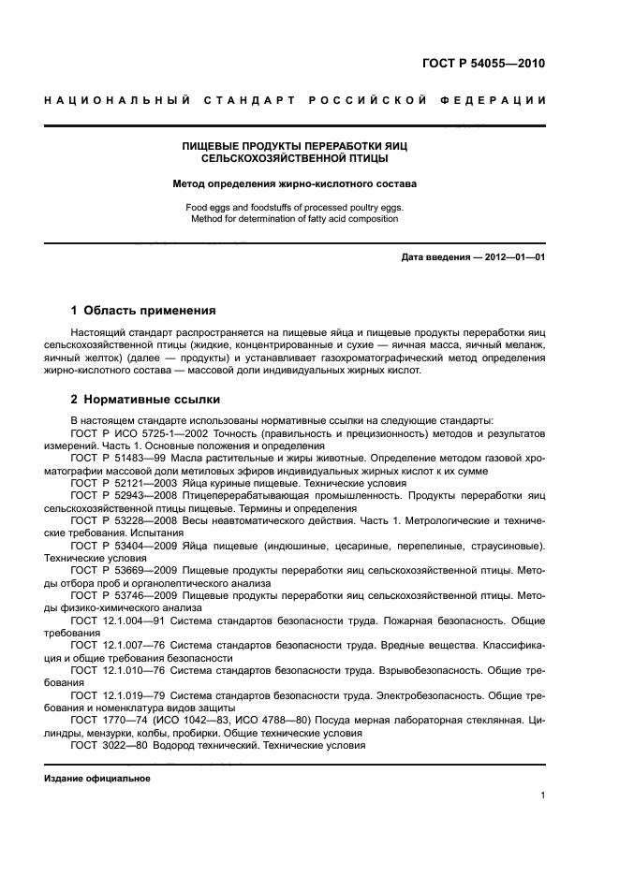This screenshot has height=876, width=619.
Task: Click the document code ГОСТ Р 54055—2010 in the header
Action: [479, 65]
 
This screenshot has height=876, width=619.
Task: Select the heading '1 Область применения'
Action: [143, 310]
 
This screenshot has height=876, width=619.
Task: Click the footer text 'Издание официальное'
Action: [97, 778]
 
